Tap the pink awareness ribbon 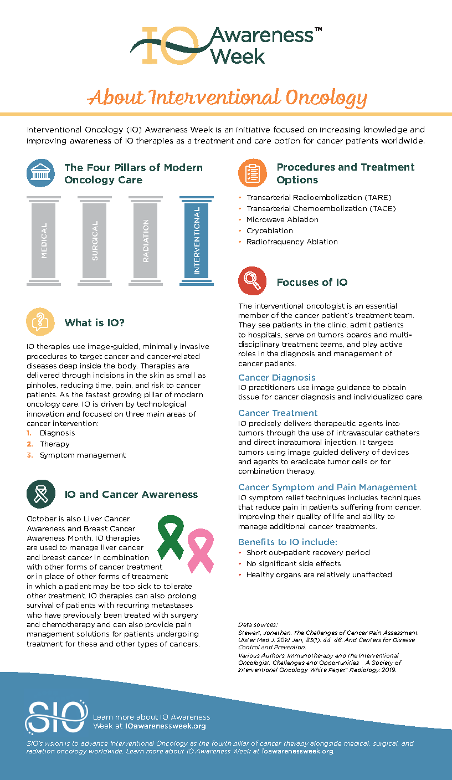[200, 549]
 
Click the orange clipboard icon [252, 172]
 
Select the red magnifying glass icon [252, 281]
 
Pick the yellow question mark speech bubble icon [40, 322]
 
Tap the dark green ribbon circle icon [40, 494]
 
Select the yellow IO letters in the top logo [169, 45]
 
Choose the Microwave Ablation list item [282, 219]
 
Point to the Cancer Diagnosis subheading [276, 378]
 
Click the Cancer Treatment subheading [278, 413]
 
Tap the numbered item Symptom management [83, 455]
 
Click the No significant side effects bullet [293, 563]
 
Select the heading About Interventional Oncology [227, 97]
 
